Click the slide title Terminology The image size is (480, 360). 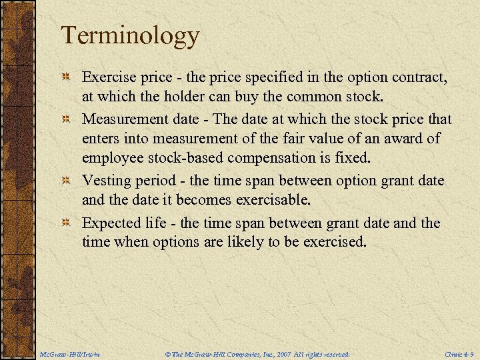(x=130, y=35)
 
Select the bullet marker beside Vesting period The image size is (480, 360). (x=67, y=181)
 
